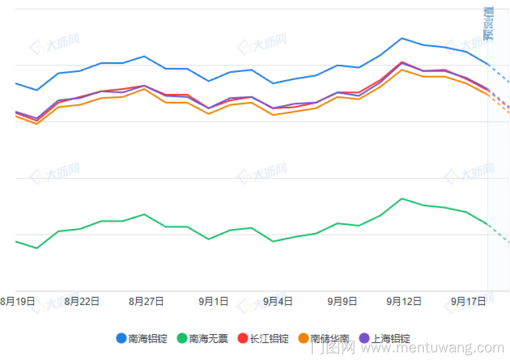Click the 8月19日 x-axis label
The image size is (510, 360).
pyautogui.click(x=17, y=301)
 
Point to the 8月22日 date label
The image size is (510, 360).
pyautogui.click(x=82, y=301)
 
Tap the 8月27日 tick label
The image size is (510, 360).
pyautogui.click(x=146, y=301)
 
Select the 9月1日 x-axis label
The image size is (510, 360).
pyautogui.click(x=213, y=301)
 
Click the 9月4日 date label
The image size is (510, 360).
pyautogui.click(x=278, y=301)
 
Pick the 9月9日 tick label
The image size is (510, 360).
pyautogui.click(x=342, y=301)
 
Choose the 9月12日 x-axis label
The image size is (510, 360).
pyautogui.click(x=404, y=301)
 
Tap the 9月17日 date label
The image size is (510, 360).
pyautogui.click(x=468, y=301)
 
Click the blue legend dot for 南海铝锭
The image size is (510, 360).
pyautogui.click(x=121, y=338)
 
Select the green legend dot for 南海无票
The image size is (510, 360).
pyautogui.click(x=182, y=338)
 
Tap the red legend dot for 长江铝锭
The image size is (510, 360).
pyautogui.click(x=243, y=338)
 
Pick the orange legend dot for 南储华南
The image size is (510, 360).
pyautogui.click(x=303, y=338)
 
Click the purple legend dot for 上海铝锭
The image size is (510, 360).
pyautogui.click(x=364, y=338)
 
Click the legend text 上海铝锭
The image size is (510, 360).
pyautogui.click(x=391, y=338)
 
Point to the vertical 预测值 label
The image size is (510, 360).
pyautogui.click(x=489, y=23)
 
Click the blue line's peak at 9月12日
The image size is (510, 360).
pyautogui.click(x=402, y=38)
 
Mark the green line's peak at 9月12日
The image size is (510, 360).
pyautogui.click(x=402, y=198)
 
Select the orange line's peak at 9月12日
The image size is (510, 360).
pyautogui.click(x=402, y=69)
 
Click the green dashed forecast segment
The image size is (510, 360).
pyautogui.click(x=499, y=234)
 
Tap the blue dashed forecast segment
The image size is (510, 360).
pyautogui.click(x=499, y=73)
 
